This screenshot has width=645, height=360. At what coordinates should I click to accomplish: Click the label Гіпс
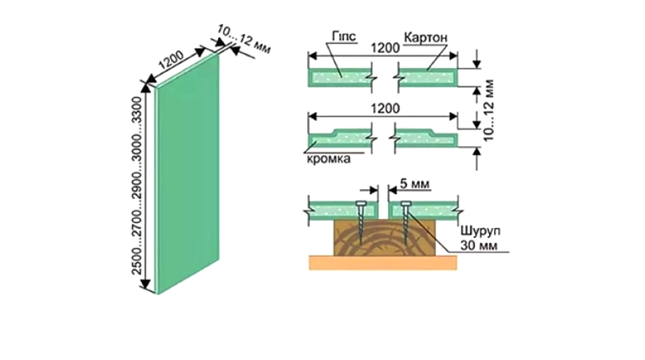pos(344,37)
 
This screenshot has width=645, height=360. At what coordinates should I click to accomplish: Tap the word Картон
pos(426,37)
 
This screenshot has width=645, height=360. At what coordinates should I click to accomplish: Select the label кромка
pos(329,159)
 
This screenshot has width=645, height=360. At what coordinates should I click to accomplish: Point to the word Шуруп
pos(480,232)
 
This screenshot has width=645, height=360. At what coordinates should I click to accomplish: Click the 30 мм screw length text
pos(478,246)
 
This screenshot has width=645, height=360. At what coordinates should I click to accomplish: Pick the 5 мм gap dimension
pos(415,184)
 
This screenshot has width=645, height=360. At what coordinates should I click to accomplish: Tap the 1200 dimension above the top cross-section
pos(385,48)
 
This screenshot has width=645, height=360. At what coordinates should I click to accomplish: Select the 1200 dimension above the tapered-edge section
pos(385,109)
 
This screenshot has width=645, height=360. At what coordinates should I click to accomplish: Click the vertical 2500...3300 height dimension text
pos(136,186)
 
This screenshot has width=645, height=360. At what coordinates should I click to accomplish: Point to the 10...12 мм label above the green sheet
pos(244,40)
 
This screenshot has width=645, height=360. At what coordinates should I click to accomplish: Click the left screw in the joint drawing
pos(361,222)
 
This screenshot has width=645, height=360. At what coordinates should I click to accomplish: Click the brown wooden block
pos(383,237)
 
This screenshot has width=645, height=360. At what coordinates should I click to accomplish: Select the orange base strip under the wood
pos(383,263)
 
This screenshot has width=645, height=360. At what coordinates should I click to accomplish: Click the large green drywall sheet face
pos(188,173)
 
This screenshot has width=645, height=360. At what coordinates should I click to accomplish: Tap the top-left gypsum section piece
pos(339,78)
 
